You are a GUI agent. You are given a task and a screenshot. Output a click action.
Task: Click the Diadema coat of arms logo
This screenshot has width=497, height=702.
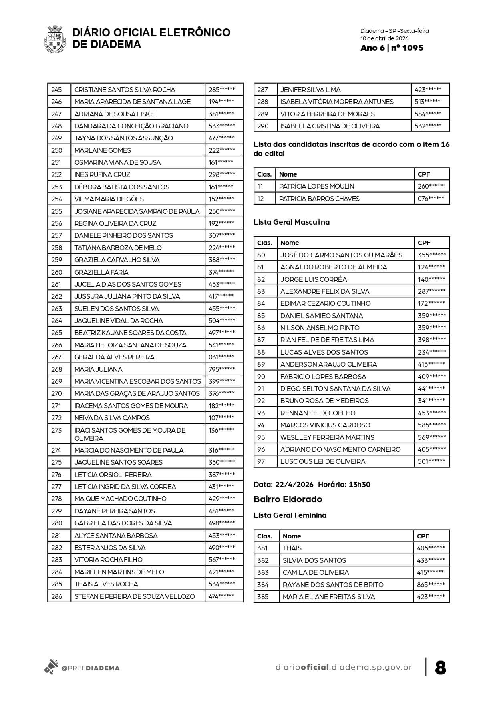point(54,39)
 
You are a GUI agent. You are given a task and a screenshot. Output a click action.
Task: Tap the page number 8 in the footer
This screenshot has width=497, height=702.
point(440,668)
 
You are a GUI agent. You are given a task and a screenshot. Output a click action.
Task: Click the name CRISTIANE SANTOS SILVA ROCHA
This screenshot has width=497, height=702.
point(125,90)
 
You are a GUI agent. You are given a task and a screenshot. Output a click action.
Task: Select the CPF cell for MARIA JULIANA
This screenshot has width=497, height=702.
point(221,369)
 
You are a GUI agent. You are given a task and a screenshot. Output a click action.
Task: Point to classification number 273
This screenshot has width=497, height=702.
point(57,430)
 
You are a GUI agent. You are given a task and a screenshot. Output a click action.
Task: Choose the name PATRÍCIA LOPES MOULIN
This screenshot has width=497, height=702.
point(316,186)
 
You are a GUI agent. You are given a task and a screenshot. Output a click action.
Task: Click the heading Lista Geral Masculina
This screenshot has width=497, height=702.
point(292,222)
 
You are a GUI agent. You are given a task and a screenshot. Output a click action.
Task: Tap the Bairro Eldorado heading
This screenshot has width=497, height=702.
point(288,499)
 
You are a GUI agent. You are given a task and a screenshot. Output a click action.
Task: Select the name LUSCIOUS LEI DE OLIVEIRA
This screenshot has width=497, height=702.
point(323,461)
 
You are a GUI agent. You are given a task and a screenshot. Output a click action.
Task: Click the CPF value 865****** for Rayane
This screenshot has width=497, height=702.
point(431,585)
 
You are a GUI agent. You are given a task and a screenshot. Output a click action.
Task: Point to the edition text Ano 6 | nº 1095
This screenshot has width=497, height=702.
point(391,48)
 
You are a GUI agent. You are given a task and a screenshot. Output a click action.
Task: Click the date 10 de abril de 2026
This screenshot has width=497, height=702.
point(384,39)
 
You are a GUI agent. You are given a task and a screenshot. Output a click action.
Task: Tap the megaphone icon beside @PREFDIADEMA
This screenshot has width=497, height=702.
point(51,667)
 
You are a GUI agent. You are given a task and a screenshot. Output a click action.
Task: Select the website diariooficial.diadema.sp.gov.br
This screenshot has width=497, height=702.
point(344,667)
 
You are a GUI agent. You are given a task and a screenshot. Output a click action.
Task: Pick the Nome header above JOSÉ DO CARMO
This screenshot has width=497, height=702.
point(290,243)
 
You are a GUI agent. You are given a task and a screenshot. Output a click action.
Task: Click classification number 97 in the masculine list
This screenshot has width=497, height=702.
point(261,461)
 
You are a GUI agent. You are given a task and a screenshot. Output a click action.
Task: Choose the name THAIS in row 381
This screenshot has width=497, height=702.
point(292,548)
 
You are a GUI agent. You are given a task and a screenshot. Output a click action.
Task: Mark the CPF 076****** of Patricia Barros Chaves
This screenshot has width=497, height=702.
point(431,199)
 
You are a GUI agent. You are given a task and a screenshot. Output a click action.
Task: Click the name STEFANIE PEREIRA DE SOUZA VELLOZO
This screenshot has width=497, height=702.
point(135,596)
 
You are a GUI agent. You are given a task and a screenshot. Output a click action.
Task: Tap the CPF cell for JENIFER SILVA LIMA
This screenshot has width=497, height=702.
point(428,90)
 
